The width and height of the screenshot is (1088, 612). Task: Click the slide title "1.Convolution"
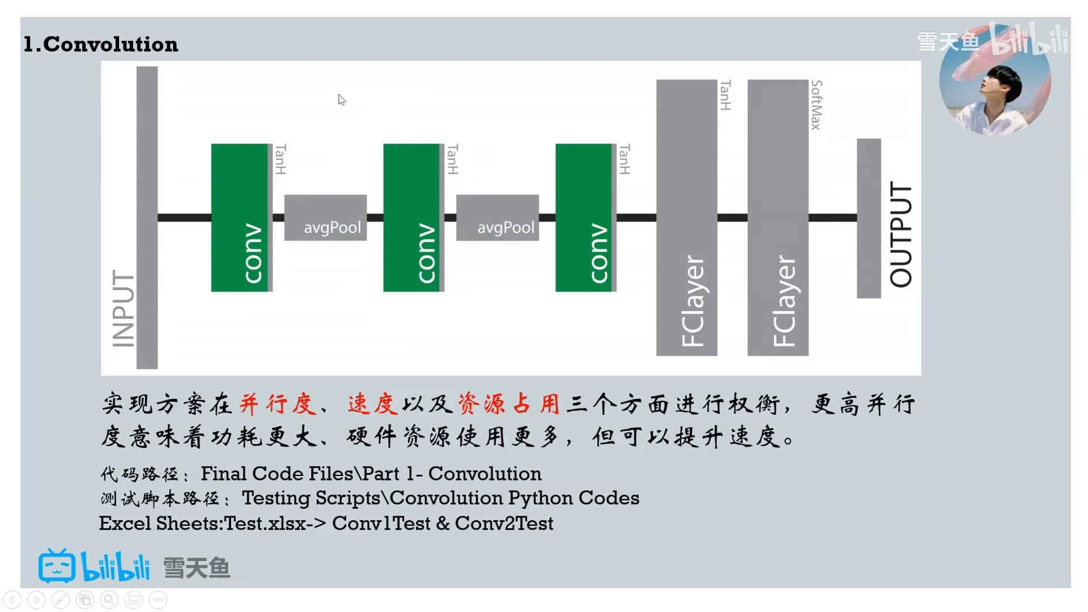coord(101,44)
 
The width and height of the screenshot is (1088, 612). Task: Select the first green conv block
coord(240,218)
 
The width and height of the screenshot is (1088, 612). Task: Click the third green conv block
coord(584,218)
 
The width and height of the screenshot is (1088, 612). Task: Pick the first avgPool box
coord(325,218)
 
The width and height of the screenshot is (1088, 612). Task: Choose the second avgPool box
coord(498,218)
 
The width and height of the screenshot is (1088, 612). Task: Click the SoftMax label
coord(816,105)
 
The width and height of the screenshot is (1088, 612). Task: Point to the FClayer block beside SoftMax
coord(777,218)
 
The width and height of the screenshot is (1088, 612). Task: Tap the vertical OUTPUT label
coord(900,234)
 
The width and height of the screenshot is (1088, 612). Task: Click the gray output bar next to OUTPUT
coord(869,218)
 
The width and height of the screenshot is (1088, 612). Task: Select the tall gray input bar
coord(147,218)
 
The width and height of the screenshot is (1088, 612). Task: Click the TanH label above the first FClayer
coord(725,95)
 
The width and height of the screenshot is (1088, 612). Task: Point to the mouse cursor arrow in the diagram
coord(342,100)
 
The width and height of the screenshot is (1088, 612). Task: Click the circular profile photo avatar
coord(994,80)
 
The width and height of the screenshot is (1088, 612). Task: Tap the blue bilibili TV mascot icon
coord(57,566)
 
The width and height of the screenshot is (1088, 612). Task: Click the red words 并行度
coord(277,404)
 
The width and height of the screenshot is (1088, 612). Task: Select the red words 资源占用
coord(508,404)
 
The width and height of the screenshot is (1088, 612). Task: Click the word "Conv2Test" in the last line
coord(504,523)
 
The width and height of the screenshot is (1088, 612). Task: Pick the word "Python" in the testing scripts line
coord(540,498)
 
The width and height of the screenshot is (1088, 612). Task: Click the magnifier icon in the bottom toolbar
coord(109,600)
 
